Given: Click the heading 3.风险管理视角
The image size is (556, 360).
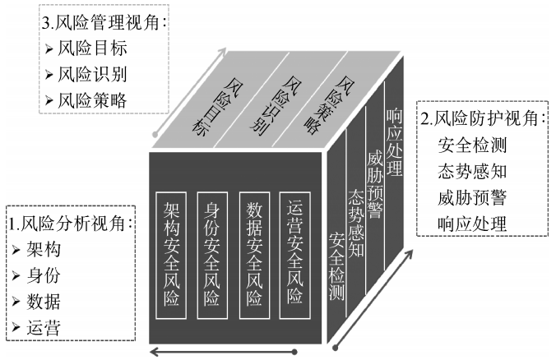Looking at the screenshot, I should click(103, 21).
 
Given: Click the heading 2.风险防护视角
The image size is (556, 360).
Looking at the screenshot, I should click(483, 117).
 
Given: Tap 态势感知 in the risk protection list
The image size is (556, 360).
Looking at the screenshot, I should click(473, 171).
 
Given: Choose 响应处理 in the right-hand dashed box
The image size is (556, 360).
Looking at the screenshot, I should click(473, 223).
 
